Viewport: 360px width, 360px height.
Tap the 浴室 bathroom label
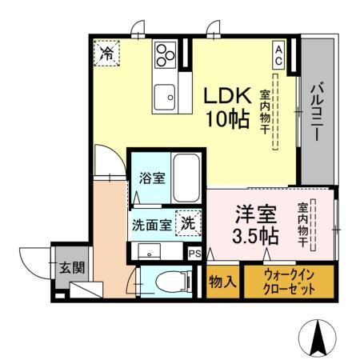(152, 178)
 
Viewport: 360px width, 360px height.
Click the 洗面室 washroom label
(151, 225)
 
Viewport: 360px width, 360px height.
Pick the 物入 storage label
(221, 282)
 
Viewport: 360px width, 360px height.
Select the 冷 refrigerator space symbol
(106, 54)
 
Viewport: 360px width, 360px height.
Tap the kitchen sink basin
(166, 95)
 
